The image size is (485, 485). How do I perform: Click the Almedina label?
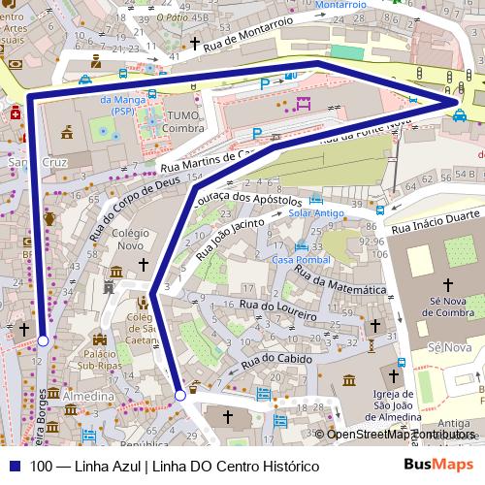pyautogui.click(x=87, y=398)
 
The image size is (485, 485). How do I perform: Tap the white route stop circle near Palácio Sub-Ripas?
pyautogui.click(x=43, y=340)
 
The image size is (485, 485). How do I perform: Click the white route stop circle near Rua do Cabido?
pyautogui.click(x=180, y=395)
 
